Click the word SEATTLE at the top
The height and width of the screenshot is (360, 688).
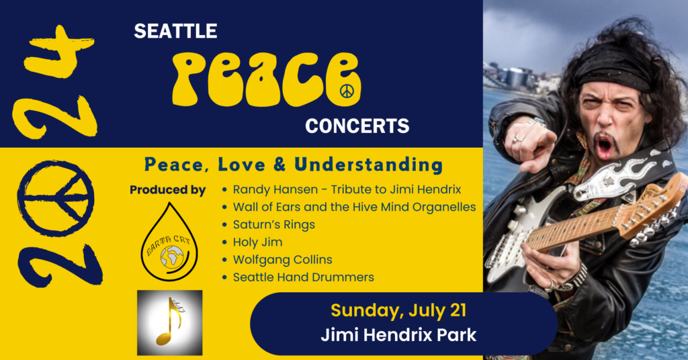pos(175,31)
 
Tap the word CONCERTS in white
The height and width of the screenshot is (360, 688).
pos(357,126)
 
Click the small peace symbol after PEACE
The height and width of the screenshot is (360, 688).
pos(347,91)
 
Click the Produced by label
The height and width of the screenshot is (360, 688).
pos(167,190)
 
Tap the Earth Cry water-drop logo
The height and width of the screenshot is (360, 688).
pos(168,242)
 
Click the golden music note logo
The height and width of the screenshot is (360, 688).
pos(169,322)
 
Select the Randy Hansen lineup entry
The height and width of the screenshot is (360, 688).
pos(346,190)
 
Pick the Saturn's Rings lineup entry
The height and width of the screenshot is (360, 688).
pos(273,224)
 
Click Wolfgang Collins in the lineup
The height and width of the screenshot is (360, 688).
pos(282,259)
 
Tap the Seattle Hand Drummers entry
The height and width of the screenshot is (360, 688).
pos(303,277)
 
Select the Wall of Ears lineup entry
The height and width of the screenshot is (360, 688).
pos(354,207)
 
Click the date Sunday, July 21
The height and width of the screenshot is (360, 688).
pos(398,311)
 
